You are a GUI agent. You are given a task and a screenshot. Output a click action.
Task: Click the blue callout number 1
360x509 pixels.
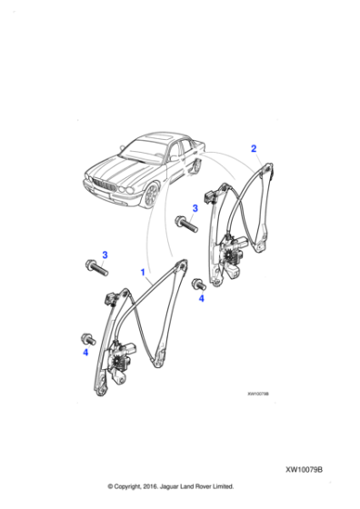coord(142,272)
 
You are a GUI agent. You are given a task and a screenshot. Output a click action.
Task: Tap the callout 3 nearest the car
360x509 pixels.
coord(194,208)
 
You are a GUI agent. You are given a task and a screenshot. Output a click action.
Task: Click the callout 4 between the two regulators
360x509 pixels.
coord(202,297)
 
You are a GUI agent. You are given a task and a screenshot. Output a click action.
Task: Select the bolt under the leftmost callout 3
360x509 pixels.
coord(95,267)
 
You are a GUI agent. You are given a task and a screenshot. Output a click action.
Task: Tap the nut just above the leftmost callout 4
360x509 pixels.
coord(88,334)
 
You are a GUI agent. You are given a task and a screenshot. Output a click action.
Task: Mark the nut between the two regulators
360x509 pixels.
coord(197,283)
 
